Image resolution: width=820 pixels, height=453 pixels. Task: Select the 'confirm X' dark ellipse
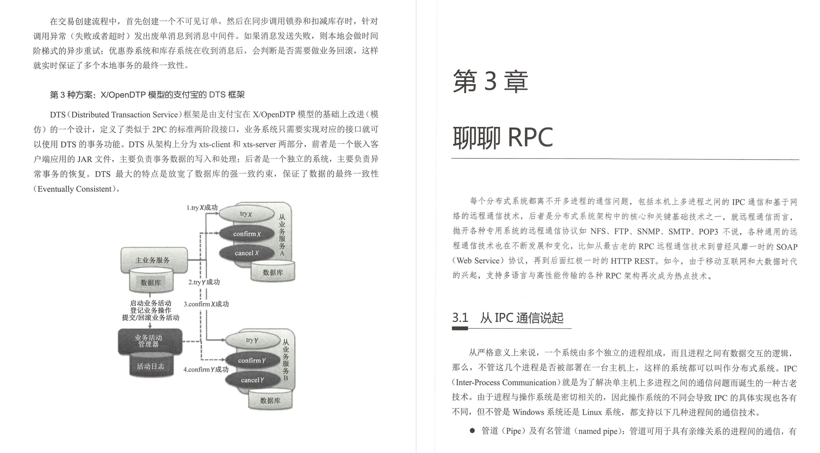pos(247,234)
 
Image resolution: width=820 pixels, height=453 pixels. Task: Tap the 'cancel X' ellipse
pos(247,253)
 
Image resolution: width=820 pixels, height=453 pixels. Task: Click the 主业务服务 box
pos(153,260)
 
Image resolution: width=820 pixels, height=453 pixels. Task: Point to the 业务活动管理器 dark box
pos(149,341)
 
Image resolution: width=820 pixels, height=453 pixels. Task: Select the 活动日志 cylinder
pos(151,366)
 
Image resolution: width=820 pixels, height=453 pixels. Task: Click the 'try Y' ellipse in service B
pos(252,340)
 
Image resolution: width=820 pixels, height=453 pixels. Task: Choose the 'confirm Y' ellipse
pos(252,360)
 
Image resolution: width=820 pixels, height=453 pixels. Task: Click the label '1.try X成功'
pos(202,208)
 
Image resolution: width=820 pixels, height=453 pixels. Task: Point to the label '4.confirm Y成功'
pos(206,370)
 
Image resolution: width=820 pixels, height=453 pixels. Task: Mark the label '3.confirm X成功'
pos(206,304)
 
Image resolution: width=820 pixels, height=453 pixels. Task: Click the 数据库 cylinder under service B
pos(270,400)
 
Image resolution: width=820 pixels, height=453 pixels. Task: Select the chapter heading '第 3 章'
pos(490,81)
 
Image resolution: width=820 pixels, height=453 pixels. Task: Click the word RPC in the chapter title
pos(530,138)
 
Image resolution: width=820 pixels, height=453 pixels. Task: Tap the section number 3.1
pos(460,318)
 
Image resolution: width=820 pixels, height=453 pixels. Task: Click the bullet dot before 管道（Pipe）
pos(472,431)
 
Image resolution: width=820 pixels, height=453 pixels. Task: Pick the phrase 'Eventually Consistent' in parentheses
pos(74,189)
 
